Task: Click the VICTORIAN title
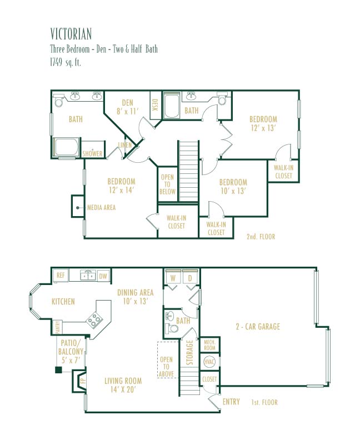point(71,34)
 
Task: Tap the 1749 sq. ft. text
point(66,62)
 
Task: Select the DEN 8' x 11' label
point(128,107)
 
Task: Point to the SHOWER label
point(92,153)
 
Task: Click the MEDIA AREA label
point(101,207)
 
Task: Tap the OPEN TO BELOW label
point(167,184)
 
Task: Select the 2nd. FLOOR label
point(261,237)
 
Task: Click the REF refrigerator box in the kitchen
point(61,276)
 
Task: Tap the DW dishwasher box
point(103,276)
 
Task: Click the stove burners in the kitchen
point(94,319)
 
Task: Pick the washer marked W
point(173,278)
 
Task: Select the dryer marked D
point(190,278)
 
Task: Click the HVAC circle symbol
point(209,362)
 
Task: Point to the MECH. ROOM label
point(209,345)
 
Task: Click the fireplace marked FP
point(79,381)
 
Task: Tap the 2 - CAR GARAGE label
point(258,326)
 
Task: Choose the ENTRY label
point(231,402)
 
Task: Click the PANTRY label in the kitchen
point(58,327)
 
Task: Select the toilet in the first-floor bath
point(172,328)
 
